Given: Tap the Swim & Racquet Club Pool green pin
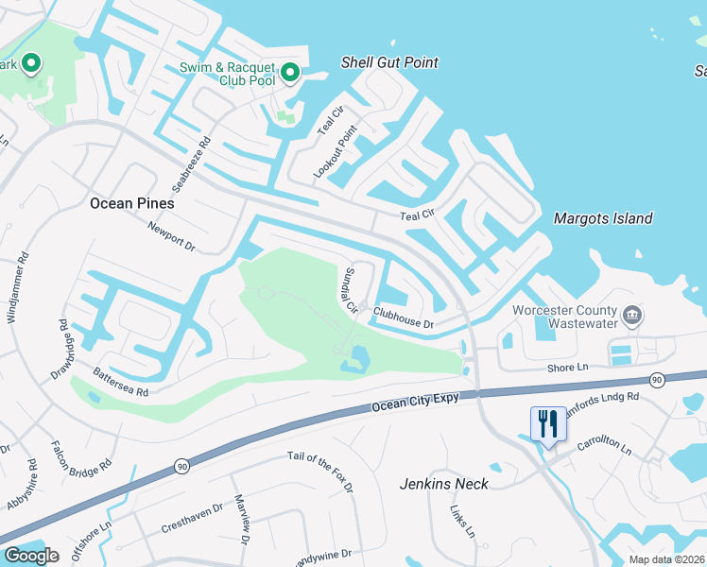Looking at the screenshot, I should [x=291, y=72].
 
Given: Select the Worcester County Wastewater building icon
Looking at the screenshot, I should [x=632, y=314].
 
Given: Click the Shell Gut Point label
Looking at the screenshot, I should [x=389, y=62].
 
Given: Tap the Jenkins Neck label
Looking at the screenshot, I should [x=443, y=484].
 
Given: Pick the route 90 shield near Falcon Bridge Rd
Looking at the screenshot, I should [x=180, y=467].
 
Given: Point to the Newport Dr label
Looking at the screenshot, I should [x=171, y=237].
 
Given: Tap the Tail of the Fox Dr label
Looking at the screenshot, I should [x=319, y=472].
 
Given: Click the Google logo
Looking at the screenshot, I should [x=30, y=556].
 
